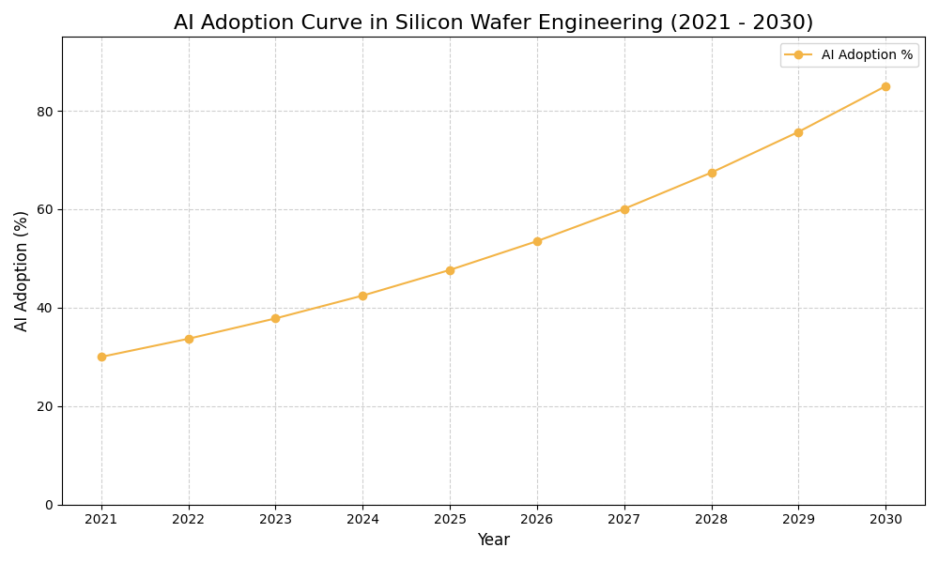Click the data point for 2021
(x=101, y=357)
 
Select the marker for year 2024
(x=362, y=296)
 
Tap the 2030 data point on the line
(x=885, y=86)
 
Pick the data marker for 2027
(x=624, y=209)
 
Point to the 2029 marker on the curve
(x=798, y=132)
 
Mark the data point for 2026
(x=537, y=241)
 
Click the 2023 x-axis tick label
(x=275, y=519)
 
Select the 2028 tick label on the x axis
(x=712, y=519)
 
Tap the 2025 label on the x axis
(x=450, y=519)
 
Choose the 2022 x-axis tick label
(x=189, y=519)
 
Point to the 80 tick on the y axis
(x=45, y=111)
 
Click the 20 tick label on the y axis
(x=45, y=406)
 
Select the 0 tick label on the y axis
(x=49, y=505)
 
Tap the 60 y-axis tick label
(x=45, y=209)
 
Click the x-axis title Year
(x=493, y=540)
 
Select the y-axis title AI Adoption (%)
(x=22, y=270)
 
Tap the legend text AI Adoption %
(x=867, y=55)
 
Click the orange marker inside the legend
(x=798, y=55)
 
